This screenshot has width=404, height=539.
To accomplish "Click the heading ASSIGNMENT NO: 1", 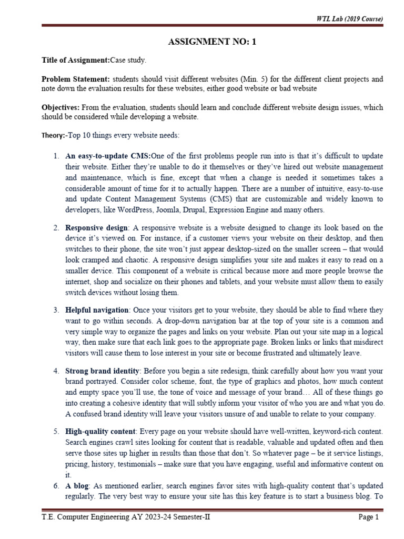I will (212, 43).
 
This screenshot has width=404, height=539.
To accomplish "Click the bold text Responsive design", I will (96, 228).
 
